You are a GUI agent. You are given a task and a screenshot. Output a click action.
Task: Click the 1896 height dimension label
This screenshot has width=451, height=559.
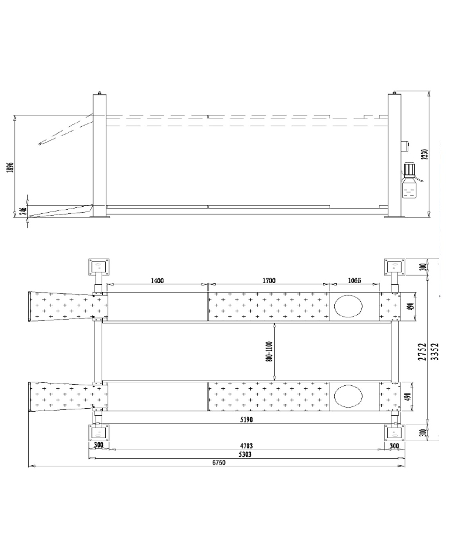pos(10,167)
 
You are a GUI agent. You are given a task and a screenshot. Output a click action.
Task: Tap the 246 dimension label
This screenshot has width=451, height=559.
pos(23,212)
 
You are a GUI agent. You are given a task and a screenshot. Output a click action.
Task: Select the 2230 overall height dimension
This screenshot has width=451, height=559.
pos(424,154)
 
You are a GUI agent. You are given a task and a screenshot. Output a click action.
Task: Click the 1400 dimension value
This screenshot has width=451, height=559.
pos(157,281)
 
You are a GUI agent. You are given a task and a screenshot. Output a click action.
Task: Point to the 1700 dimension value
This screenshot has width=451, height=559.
pos(269,281)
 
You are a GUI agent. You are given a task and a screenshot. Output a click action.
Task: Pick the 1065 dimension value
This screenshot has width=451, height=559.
pos(354,281)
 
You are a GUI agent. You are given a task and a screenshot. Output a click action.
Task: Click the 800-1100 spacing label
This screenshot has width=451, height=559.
pos(269,352)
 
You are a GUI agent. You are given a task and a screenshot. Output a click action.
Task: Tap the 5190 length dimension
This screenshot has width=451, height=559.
pos(247,420)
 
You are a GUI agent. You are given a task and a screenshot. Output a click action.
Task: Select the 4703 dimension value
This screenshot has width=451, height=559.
pos(247,445)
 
